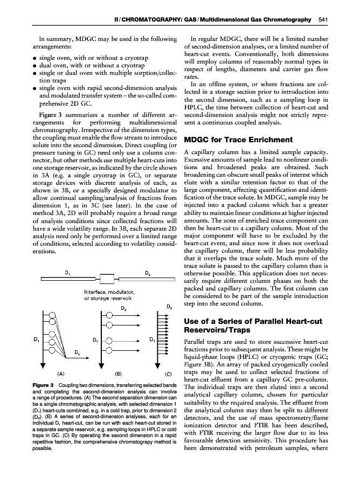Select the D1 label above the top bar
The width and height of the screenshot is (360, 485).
(x=67, y=272)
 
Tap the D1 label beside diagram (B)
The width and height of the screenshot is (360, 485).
(x=95, y=340)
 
